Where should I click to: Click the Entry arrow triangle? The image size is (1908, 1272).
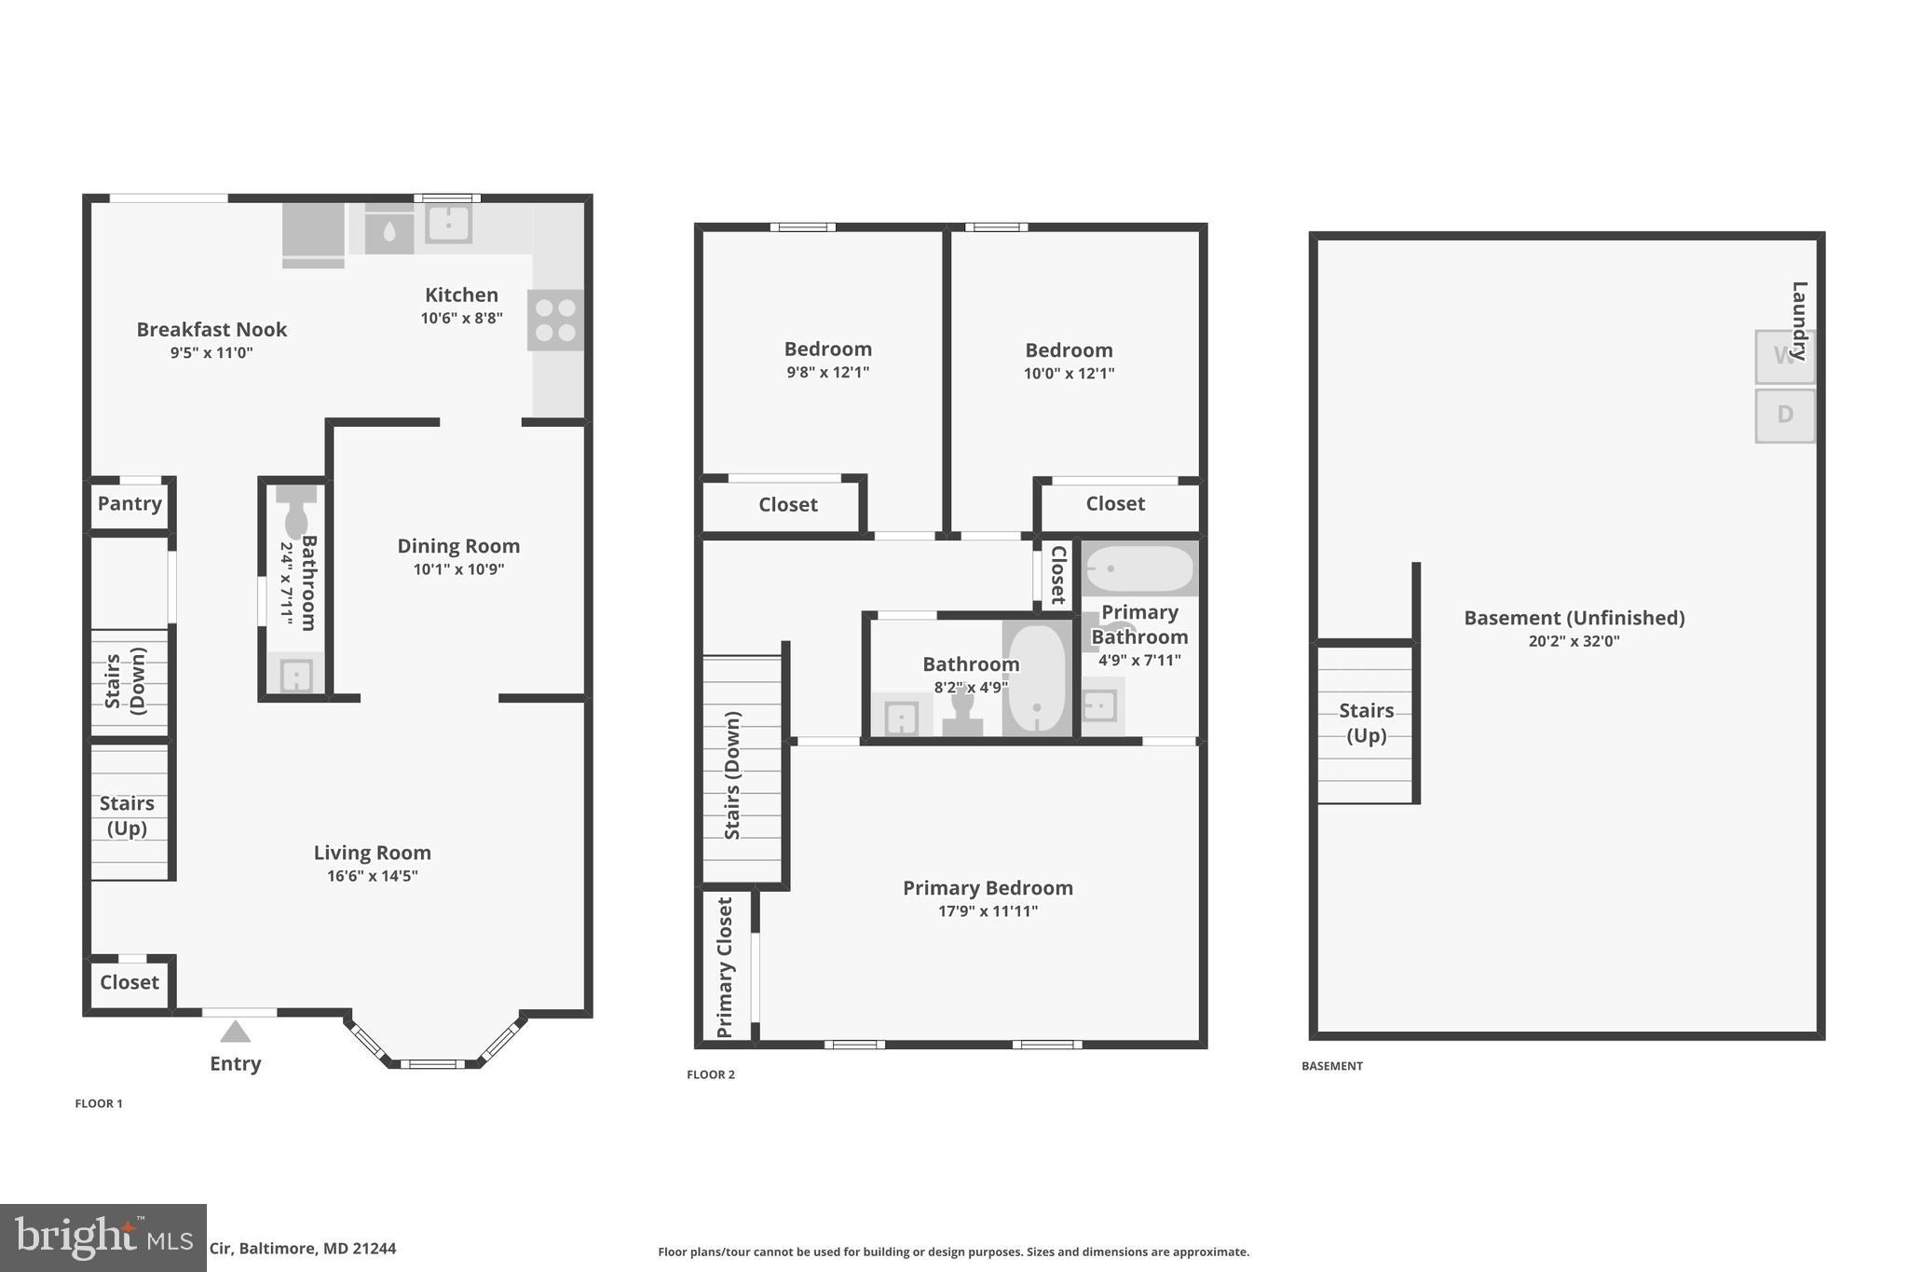(x=235, y=1032)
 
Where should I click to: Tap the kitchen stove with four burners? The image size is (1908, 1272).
(x=555, y=320)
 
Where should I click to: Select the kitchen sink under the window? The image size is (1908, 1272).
(x=448, y=224)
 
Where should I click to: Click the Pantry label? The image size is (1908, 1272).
(x=129, y=504)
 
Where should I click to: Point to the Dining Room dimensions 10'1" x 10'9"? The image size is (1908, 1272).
(x=458, y=569)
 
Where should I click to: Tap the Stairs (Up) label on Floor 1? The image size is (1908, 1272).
(x=127, y=815)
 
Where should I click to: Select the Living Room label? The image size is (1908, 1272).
(x=372, y=853)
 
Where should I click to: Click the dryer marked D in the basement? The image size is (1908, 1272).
(x=1784, y=416)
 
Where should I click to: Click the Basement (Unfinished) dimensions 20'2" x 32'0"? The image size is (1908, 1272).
(x=1574, y=641)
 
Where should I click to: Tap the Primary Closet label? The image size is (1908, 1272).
(x=725, y=966)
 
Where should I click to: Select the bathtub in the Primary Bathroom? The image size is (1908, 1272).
(x=1139, y=568)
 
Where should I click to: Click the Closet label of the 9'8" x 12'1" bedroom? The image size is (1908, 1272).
(x=787, y=505)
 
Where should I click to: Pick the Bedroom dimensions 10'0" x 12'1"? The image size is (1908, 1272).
(x=1069, y=374)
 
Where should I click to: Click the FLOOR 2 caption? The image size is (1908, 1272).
(x=711, y=1074)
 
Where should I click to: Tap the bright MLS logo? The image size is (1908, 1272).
(x=102, y=1238)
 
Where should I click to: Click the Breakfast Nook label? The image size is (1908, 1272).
(x=211, y=330)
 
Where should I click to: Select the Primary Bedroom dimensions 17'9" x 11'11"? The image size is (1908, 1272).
(x=988, y=911)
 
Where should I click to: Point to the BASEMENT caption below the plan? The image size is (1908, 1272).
(x=1331, y=1066)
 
